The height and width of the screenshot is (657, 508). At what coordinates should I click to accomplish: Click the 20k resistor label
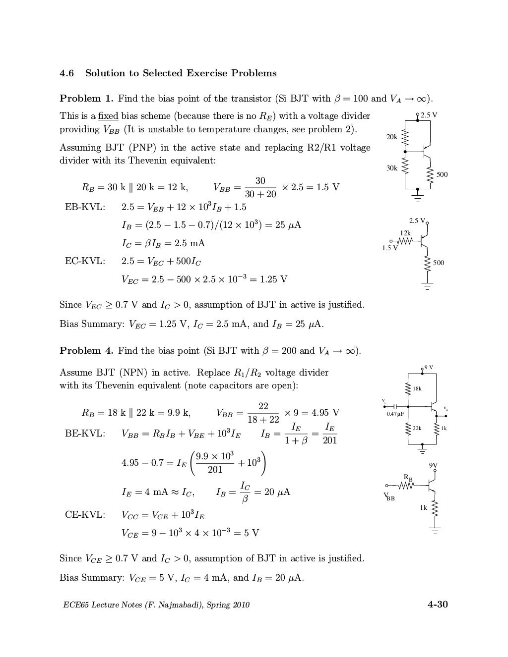point(392,137)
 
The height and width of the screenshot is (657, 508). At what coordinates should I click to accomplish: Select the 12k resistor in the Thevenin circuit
point(405,241)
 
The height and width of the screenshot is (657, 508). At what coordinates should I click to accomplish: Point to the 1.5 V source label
point(390,248)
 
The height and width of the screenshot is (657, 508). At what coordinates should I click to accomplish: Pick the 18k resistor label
point(417,389)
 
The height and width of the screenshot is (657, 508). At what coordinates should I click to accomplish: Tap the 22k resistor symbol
point(409,429)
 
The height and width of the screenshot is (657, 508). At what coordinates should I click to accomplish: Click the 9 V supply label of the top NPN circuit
point(429,367)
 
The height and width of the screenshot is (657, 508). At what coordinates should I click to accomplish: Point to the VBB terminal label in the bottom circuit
point(388,497)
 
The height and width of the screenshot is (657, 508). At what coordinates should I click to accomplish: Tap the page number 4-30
point(438,604)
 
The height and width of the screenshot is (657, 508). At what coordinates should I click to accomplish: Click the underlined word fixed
point(108,116)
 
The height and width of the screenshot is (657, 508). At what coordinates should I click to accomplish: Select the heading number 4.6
point(67,73)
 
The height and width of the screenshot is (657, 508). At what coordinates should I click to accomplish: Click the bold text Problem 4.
point(87,351)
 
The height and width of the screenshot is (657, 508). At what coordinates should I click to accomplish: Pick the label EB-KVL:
point(85,207)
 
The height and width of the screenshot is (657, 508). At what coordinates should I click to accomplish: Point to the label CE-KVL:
point(85,515)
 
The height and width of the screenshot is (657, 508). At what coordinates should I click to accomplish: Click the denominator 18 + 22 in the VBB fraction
point(263,420)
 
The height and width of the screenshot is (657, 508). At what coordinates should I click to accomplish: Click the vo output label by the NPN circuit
point(445,409)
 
